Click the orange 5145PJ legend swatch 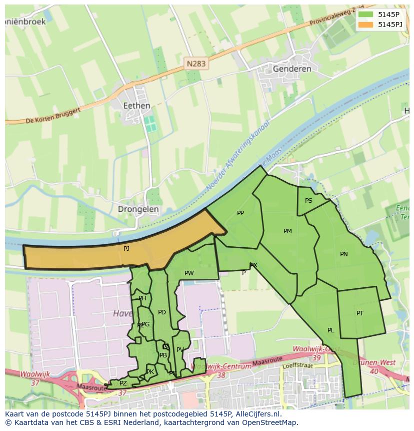pos(365,25)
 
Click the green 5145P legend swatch pos(365,15)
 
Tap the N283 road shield pos(196,64)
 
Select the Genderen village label pos(292,69)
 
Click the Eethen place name pos(136,106)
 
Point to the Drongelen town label pos(138,209)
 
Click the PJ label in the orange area pos(126,248)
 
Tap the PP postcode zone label pos(240,213)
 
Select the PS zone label pos(308,201)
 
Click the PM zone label pos(287,231)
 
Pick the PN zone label pos(344,254)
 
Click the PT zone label pos(360,313)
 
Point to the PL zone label pos(330,330)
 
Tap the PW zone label pos(189,273)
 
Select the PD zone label pos(161,312)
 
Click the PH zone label pos(142,298)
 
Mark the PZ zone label pos(123,383)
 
